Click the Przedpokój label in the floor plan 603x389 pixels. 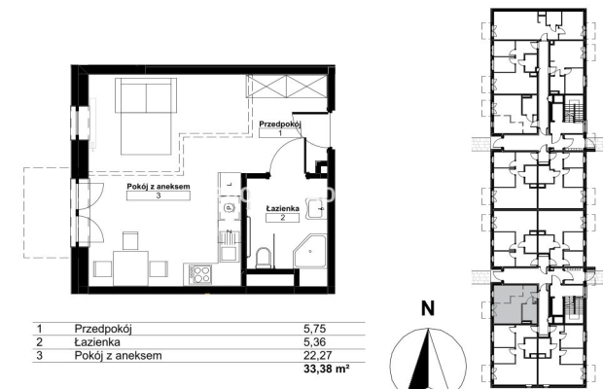tap(279, 124)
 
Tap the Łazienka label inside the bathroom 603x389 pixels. tap(283, 208)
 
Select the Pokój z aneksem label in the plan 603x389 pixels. tap(159, 187)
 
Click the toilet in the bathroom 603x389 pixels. tap(263, 258)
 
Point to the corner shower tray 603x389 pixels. tap(310, 252)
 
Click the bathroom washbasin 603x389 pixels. tap(316, 209)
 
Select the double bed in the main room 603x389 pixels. tap(146, 116)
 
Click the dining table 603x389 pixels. tap(130, 268)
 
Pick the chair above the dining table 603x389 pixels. tap(130, 240)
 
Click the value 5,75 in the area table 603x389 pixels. tap(314, 329)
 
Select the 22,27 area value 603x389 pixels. tap(317, 356)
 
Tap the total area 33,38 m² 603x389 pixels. tap(327, 369)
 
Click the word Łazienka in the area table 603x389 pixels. tap(97, 342)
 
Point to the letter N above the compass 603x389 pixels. tap(428, 308)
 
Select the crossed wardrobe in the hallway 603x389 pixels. tap(287, 86)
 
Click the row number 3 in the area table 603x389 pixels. tap(40, 356)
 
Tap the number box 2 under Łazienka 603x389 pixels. tap(283, 218)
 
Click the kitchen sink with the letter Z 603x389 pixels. tap(229, 247)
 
